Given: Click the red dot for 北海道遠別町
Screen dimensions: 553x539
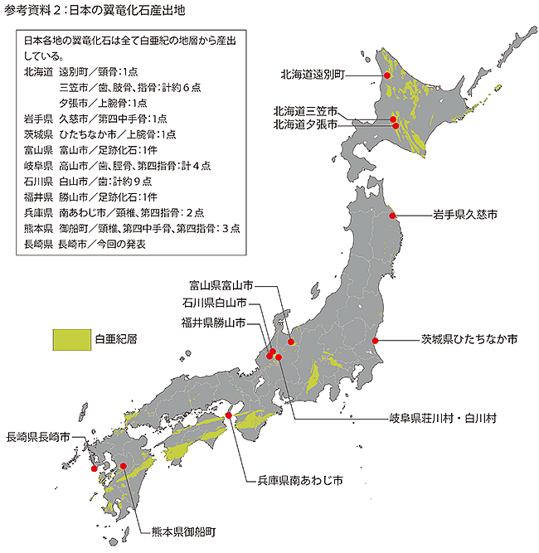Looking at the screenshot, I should pos(386,75).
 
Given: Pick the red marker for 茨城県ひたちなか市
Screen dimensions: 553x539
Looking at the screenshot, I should pos(376,340).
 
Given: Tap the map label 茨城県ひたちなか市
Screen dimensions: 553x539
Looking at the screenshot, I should pos(469,340).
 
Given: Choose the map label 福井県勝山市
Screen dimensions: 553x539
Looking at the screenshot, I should pos(213,323).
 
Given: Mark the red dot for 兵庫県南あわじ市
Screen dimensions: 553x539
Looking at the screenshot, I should pos(229,415).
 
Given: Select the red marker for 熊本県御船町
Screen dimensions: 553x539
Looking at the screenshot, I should pos(124,466).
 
